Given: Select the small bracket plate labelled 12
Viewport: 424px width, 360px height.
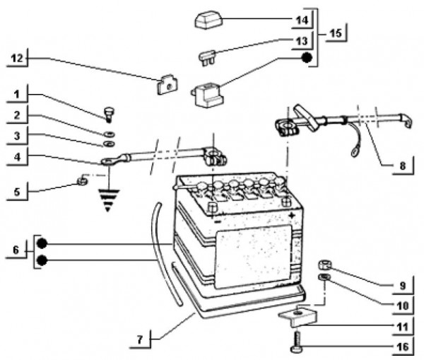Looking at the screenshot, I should tap(165, 86).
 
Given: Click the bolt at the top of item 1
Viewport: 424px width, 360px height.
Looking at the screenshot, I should tap(109, 112).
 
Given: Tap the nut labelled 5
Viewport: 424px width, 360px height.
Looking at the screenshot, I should tap(81, 183).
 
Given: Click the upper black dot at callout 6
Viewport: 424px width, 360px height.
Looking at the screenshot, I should tap(41, 243).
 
